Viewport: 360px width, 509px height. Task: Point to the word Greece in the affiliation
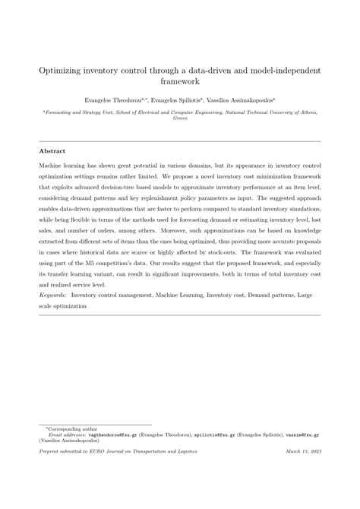coord(180,119)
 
